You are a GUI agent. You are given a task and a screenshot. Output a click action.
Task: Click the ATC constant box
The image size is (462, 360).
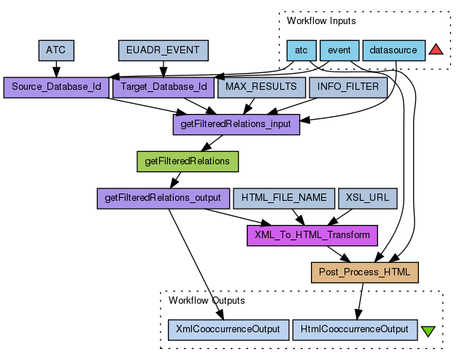point(56,50)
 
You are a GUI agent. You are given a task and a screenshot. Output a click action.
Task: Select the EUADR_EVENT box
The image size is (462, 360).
point(163,50)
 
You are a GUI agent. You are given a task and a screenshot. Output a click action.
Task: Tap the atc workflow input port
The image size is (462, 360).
point(301,50)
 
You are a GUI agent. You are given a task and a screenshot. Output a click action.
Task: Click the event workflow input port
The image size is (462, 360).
point(339,50)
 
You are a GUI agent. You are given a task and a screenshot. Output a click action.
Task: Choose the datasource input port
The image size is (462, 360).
point(393,50)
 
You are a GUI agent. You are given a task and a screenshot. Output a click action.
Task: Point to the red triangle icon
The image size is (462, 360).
point(436,50)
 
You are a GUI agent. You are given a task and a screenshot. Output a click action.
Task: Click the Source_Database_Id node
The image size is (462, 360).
point(56,88)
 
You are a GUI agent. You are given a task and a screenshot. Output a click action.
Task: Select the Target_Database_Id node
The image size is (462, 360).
point(163,88)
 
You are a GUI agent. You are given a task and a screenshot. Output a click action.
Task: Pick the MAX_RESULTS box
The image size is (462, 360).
point(261,88)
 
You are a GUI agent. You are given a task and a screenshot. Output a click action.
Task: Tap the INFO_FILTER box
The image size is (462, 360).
point(348,88)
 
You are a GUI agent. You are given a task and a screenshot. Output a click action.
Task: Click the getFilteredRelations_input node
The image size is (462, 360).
point(235,124)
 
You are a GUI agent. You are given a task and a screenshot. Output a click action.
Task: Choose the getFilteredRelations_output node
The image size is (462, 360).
point(163,198)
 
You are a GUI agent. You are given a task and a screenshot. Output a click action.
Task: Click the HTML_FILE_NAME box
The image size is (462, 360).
point(283,198)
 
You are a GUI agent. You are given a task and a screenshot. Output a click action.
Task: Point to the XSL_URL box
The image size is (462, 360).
point(367,198)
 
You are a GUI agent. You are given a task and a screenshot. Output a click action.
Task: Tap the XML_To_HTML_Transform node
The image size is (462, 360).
point(312,235)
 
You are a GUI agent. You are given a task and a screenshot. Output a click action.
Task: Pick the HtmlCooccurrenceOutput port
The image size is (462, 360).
point(355,329)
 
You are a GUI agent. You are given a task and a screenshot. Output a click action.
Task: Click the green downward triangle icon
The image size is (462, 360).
point(428,330)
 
